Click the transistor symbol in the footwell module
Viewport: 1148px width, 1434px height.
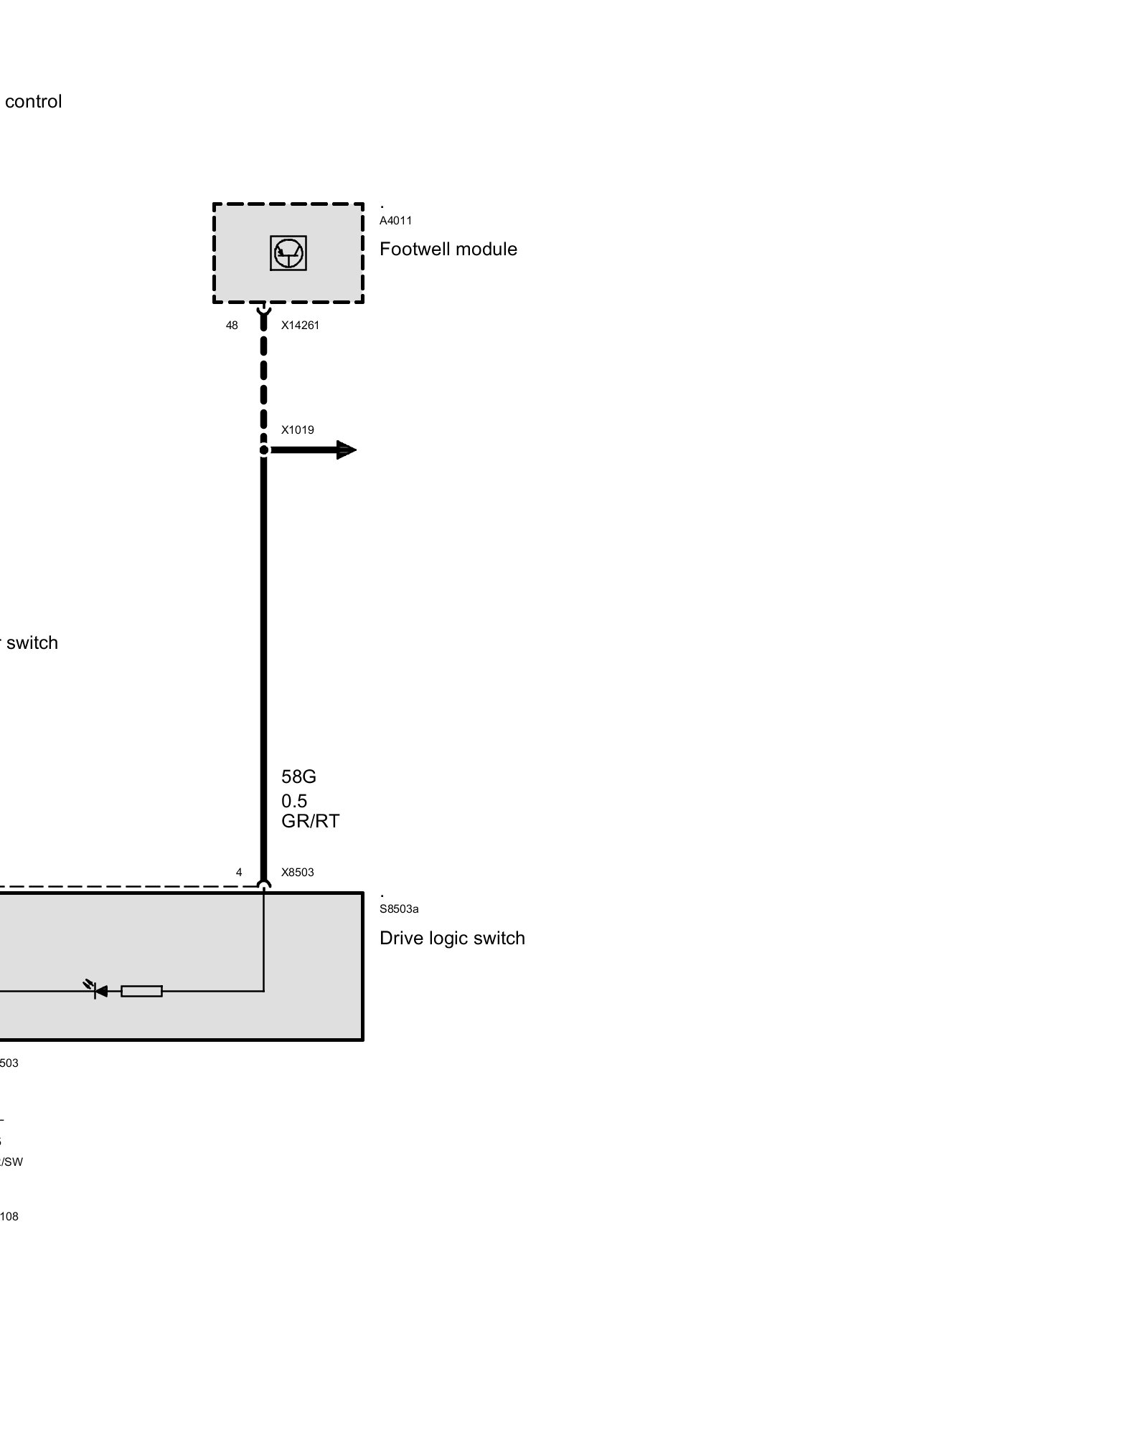pos(288,253)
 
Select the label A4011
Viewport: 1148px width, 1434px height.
pos(395,221)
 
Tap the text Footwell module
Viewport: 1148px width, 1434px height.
pos(448,249)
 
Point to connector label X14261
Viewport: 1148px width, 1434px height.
pos(300,326)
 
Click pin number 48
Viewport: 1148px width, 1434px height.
pos(232,326)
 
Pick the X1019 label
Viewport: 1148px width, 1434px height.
pos(297,430)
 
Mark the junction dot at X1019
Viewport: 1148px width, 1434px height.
pos(264,450)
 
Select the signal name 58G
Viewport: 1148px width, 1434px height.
pos(298,777)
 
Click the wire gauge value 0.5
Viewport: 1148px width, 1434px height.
pos(294,801)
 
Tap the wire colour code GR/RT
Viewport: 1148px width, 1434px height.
pos(310,821)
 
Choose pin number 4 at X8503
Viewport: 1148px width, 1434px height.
pos(239,873)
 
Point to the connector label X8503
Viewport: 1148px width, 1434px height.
pos(297,873)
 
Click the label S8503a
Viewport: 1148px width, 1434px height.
pos(399,909)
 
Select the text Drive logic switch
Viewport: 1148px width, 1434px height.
pos(452,938)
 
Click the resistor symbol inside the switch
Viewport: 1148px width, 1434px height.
pos(141,992)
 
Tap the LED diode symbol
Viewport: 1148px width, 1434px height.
pos(99,991)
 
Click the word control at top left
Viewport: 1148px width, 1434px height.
pos(33,102)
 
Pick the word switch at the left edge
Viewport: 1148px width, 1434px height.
pos(32,642)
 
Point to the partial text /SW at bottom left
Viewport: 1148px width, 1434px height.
pos(11,1162)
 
